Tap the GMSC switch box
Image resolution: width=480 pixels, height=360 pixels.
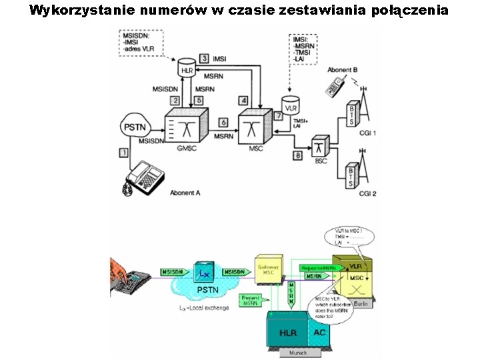pos(187,127)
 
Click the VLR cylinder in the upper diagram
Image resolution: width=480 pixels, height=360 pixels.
pos(290,105)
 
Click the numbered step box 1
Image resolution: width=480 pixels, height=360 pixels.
pos(123,153)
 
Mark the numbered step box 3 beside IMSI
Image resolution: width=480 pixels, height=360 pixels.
pos(204,59)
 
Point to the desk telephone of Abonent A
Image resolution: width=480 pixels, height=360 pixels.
pos(144,177)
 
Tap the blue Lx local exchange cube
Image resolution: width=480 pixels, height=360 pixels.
pos(204,273)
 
